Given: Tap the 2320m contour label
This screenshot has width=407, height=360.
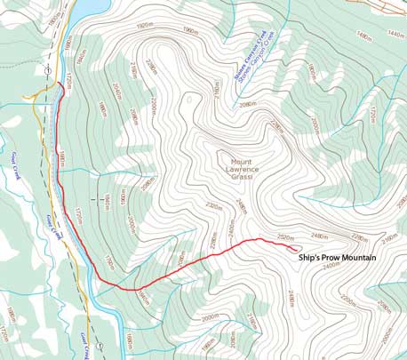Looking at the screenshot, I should click(x=212, y=206).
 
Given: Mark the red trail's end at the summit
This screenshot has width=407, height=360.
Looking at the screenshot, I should click(x=296, y=250).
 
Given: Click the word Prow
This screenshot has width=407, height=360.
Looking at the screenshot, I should click(x=327, y=258).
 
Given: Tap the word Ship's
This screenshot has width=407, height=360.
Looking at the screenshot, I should click(x=308, y=258).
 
